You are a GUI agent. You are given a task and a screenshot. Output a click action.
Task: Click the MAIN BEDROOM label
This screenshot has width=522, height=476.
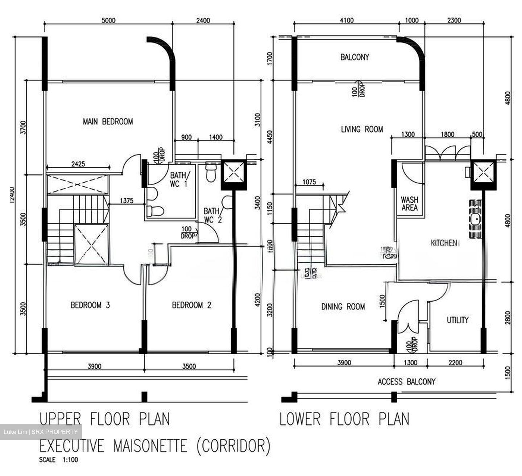pos(108,121)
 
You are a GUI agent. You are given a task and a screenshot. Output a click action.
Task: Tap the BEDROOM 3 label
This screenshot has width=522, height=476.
pos(90,305)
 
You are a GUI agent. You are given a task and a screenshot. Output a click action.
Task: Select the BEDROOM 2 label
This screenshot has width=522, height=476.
pos(191,305)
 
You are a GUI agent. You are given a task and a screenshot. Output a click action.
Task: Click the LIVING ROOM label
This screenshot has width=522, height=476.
pos(362,129)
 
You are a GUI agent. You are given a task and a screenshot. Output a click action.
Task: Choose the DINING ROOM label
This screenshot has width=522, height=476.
pos(343,307)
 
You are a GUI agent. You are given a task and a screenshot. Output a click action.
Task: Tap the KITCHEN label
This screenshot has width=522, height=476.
pos(443,243)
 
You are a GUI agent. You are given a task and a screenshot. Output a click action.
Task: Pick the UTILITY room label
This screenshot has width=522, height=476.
pos(457,320)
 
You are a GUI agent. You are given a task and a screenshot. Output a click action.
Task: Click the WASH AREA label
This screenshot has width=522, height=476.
pos(409,204)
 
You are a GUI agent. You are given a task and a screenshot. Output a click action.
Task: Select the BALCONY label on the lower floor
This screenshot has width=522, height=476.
pos(355,57)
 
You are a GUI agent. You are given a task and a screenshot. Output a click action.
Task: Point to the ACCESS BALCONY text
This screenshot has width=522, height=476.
pos(406,381)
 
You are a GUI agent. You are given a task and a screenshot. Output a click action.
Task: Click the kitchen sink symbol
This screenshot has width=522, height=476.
pos(476,219)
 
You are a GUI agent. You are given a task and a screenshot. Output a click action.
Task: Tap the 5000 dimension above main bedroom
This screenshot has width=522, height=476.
pos(108,20)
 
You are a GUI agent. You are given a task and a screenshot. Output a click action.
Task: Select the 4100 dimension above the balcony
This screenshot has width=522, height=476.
pos(347,20)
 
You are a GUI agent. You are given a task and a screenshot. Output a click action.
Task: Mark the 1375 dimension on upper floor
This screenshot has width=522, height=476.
pos(127,200)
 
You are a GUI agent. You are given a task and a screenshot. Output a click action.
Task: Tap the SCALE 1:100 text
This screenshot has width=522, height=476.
pos(58,460)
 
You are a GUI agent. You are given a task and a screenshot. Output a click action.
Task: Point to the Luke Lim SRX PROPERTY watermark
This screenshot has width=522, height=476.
pos(41,432)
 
